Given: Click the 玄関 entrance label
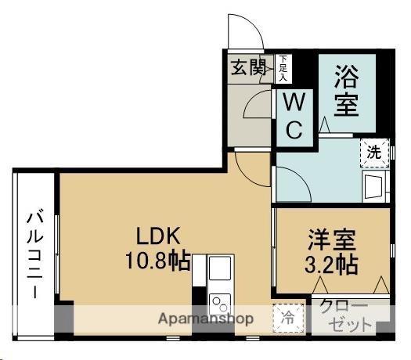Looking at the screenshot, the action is pyautogui.click(x=248, y=67).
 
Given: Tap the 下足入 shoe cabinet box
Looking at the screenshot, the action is pyautogui.click(x=283, y=69).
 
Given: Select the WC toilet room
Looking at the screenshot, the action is pyautogui.click(x=294, y=117).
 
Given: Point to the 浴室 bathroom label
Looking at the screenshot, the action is pyautogui.click(x=346, y=90).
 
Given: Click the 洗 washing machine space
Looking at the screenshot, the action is pyautogui.click(x=374, y=153).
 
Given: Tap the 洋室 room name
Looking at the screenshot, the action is pyautogui.click(x=332, y=239).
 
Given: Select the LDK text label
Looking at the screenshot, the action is pyautogui.click(x=158, y=236).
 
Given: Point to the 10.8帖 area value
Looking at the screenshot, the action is pyautogui.click(x=158, y=261).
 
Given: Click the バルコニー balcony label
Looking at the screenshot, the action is pyautogui.click(x=35, y=254).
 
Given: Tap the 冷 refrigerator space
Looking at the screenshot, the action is pyautogui.click(x=288, y=319).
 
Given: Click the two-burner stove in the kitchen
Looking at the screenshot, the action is pyautogui.click(x=220, y=304).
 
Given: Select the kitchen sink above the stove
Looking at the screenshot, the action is pyautogui.click(x=220, y=268).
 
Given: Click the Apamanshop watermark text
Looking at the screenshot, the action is pyautogui.click(x=206, y=319).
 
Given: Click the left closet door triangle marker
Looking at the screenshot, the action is pyautogui.click(x=320, y=285).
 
